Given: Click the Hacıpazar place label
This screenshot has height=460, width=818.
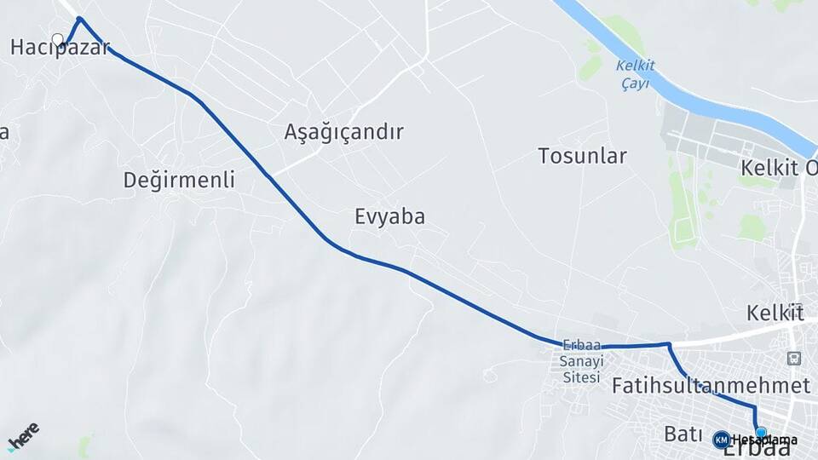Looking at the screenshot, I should [60, 48].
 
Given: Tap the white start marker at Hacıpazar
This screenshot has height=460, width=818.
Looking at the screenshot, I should [58, 39].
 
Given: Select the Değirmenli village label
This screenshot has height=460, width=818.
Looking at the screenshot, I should [179, 180].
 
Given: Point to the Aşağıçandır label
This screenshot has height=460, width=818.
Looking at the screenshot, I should [343, 132].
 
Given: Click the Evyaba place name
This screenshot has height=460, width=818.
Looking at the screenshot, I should [389, 216].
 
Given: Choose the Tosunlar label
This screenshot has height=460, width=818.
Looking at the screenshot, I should [582, 156].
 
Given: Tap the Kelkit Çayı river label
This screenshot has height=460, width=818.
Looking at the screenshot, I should [633, 73].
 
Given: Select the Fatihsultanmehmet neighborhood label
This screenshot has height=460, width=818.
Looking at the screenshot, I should [711, 385].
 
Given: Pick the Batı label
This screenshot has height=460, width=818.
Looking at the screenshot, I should [682, 434].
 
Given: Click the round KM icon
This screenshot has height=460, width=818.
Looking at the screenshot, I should [721, 439].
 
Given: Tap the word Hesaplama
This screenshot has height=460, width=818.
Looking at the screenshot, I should [763, 440].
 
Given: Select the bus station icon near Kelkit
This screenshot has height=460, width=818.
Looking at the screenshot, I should [794, 359].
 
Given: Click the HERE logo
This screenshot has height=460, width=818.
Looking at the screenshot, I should [24, 436].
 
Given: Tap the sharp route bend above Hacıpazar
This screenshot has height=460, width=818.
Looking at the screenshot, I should [79, 19].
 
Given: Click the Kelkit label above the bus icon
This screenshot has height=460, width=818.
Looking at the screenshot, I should [774, 312].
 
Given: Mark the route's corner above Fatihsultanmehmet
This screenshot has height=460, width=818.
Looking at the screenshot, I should [669, 344].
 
